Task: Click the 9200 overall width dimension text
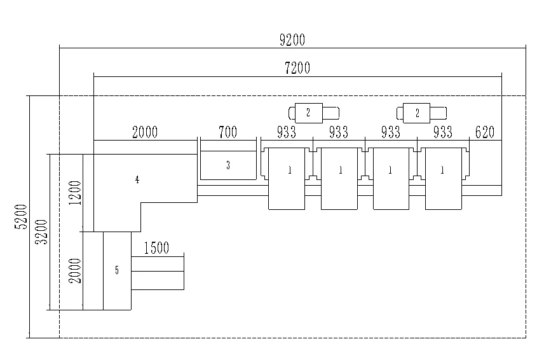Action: [292, 40]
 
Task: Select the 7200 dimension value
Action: [297, 68]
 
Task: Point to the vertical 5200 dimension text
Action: [21, 216]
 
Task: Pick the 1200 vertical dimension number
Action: [76, 193]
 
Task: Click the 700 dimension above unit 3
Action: [228, 132]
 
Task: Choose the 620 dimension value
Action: [484, 132]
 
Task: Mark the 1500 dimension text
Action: [156, 248]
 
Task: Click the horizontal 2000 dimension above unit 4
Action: [144, 132]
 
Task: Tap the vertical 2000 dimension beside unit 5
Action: [76, 270]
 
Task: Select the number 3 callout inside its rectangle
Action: [228, 165]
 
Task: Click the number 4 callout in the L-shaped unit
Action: [137, 180]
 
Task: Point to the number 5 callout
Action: [117, 270]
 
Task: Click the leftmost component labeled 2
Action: [308, 113]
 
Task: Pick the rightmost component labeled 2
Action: [418, 113]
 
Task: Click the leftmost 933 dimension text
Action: [287, 132]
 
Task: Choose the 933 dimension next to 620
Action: [442, 132]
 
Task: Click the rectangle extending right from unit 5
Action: [158, 272]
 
